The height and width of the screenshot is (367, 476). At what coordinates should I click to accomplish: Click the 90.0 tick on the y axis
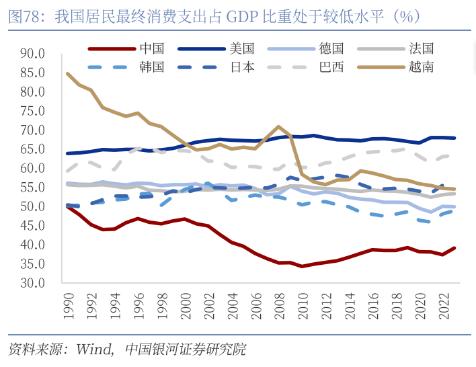[x=32, y=53]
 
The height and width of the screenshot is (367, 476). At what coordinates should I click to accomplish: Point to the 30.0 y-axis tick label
[x=32, y=283]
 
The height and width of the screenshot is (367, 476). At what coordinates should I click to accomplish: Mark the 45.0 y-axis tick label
[x=32, y=226]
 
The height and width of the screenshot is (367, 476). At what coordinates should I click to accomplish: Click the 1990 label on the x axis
[x=68, y=307]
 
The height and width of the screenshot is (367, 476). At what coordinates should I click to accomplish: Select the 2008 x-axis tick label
[x=278, y=307]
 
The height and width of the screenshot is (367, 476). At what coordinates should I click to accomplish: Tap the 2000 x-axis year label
[x=185, y=307]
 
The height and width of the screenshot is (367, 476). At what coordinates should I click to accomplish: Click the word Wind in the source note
[x=93, y=350]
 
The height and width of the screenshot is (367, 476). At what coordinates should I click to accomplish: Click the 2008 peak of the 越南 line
[x=278, y=126]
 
